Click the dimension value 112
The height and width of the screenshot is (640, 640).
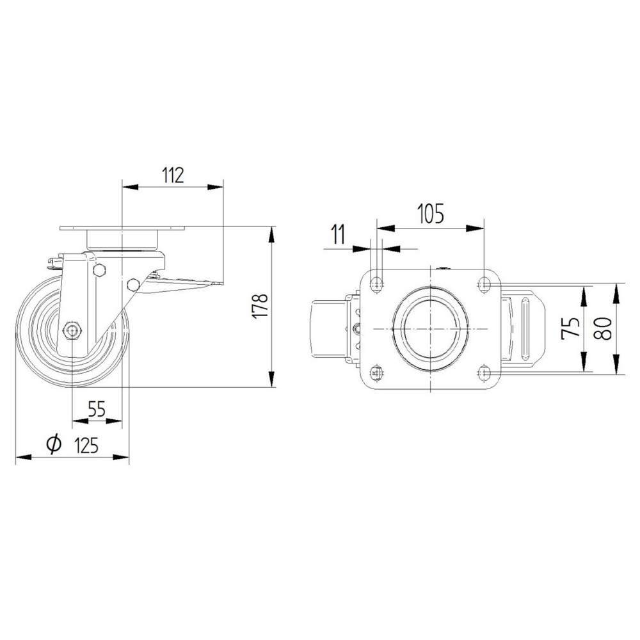(x=173, y=175)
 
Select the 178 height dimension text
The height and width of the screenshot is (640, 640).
(x=260, y=306)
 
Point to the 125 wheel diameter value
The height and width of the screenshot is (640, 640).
(x=87, y=445)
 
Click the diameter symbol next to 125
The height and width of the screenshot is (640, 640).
(x=54, y=445)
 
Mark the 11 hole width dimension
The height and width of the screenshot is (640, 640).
(x=339, y=234)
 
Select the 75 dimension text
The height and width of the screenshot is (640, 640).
(x=571, y=327)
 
